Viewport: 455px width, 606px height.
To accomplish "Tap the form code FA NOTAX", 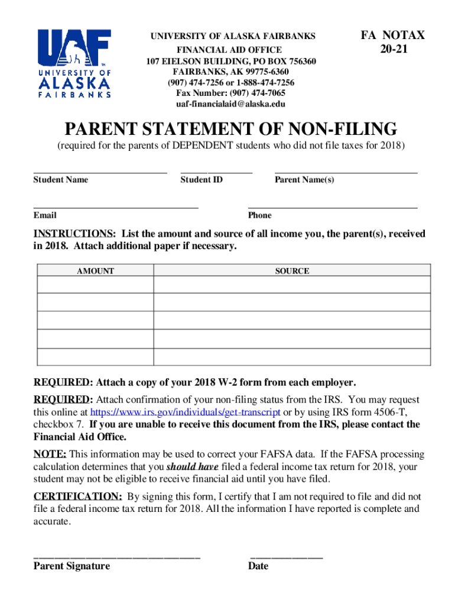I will pyautogui.click(x=392, y=36).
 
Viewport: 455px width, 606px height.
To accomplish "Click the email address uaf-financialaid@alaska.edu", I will pyautogui.click(x=230, y=104).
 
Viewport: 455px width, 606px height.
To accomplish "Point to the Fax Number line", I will pyautogui.click(x=230, y=94).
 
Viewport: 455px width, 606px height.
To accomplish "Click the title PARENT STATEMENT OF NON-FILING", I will pyautogui.click(x=230, y=129).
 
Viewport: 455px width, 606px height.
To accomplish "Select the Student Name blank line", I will pyautogui.click(x=100, y=172).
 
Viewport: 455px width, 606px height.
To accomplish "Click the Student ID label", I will pyautogui.click(x=201, y=180).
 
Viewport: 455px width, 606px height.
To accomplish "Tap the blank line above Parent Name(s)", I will pyautogui.click(x=346, y=172).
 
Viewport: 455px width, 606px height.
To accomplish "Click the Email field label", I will pyautogui.click(x=45, y=215).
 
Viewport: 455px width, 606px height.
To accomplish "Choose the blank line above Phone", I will pyautogui.click(x=333, y=208).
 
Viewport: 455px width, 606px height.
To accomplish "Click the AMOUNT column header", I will pyautogui.click(x=96, y=271).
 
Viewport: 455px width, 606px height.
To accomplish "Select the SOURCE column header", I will pyautogui.click(x=292, y=271).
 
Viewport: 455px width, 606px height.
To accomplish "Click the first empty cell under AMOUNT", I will pyautogui.click(x=96, y=285).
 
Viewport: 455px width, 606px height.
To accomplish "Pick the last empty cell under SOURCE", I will pyautogui.click(x=292, y=357).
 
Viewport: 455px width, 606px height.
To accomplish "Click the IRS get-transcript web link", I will pyautogui.click(x=186, y=412).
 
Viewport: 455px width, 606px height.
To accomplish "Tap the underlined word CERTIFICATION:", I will pyautogui.click(x=77, y=497).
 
